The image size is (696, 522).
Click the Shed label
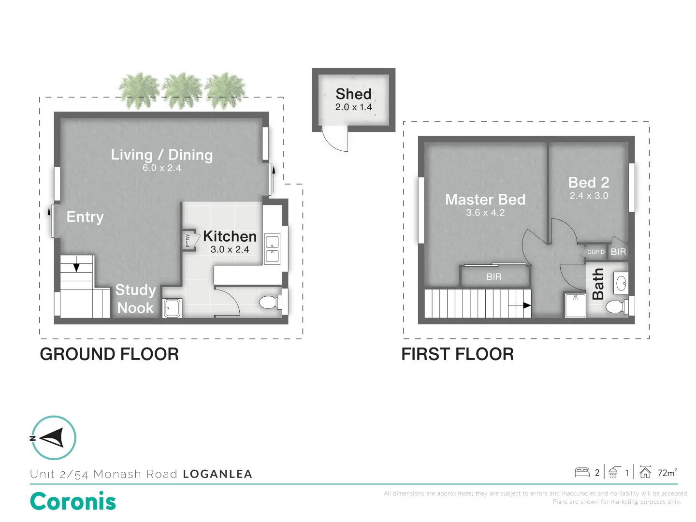pyautogui.click(x=353, y=94)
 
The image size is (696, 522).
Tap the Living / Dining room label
pyautogui.click(x=161, y=155)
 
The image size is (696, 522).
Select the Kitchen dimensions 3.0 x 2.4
pyautogui.click(x=230, y=250)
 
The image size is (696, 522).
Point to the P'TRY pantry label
pyautogui.click(x=188, y=240)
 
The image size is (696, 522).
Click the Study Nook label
pyautogui.click(x=135, y=299)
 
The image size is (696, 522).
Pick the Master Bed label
pyautogui.click(x=485, y=200)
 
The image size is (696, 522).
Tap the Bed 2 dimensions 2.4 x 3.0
pyautogui.click(x=589, y=196)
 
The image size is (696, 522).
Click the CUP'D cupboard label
pyautogui.click(x=595, y=252)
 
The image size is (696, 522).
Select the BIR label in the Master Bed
pyautogui.click(x=493, y=277)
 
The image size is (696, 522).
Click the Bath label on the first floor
pyautogui.click(x=598, y=284)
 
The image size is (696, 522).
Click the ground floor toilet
pyautogui.click(x=269, y=303)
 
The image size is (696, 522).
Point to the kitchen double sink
pyautogui.click(x=272, y=249)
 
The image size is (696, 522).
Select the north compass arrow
pyautogui.click(x=53, y=438)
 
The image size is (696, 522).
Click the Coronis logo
pyautogui.click(x=73, y=501)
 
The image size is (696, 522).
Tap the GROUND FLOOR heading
pyautogui.click(x=109, y=354)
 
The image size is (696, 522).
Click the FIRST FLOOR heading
pyautogui.click(x=457, y=354)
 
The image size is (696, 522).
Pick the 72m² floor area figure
pyautogui.click(x=667, y=473)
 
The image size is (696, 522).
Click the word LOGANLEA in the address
pyautogui.click(x=217, y=474)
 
